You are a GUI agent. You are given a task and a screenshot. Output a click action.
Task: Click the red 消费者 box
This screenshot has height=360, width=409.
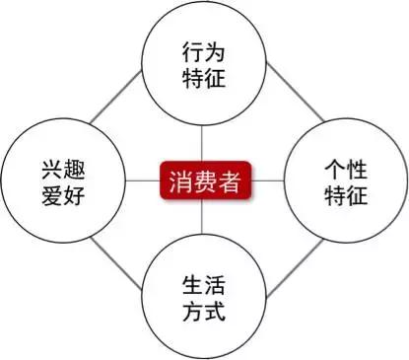click(205, 181)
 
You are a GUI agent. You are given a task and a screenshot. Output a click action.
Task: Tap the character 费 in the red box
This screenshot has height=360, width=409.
click(205, 181)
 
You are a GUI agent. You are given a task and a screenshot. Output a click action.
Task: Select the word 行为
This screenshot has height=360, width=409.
click(205, 48)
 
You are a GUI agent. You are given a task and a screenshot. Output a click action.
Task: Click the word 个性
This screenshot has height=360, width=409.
click(344, 165)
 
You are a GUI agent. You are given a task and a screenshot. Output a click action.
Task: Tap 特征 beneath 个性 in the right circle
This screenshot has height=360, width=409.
click(344, 193)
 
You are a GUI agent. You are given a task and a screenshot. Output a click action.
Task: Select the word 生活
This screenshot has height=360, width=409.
click(205, 287)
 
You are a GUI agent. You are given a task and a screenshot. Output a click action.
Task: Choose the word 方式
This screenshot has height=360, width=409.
click(205, 316)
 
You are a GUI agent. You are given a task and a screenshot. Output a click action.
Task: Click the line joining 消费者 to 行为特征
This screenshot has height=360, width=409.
click(205, 143)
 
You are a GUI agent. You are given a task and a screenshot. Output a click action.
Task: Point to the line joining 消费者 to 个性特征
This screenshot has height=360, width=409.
click(268, 181)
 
